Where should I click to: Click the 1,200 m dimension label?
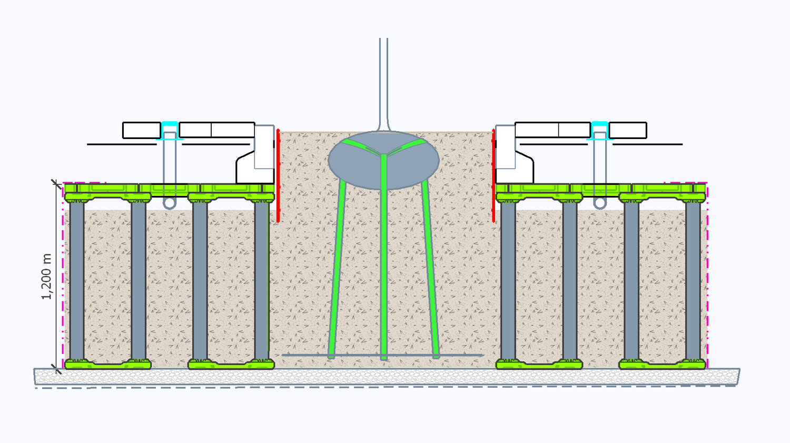click(x=47, y=277)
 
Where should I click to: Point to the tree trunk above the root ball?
click(x=383, y=79)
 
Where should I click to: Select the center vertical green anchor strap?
click(x=383, y=263)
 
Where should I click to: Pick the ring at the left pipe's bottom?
click(x=169, y=203)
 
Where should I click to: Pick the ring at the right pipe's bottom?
click(x=599, y=203)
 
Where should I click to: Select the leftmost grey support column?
click(x=77, y=282)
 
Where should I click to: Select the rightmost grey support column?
click(x=693, y=282)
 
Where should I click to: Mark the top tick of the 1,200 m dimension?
click(x=56, y=183)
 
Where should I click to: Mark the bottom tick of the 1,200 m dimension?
click(x=56, y=368)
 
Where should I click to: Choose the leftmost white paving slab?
click(x=142, y=130)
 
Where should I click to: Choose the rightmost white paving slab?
click(x=628, y=130)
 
